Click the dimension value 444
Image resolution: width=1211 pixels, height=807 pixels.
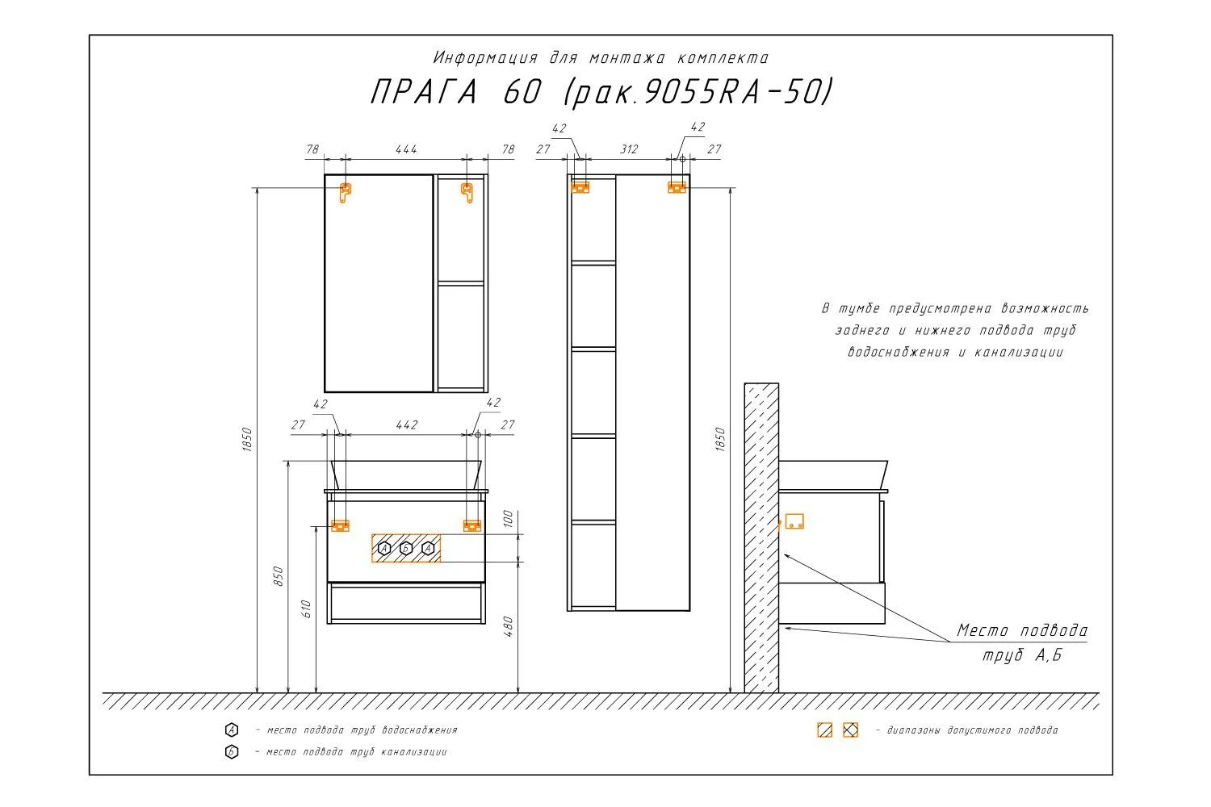(x=406, y=149)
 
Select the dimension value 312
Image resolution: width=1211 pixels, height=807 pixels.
(x=629, y=149)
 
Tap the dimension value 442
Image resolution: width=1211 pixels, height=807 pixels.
(x=407, y=424)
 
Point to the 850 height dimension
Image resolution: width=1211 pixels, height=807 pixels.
(x=278, y=576)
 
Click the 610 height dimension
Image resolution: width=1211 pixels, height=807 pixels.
(x=306, y=609)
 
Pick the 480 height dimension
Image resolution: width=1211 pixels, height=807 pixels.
(x=508, y=626)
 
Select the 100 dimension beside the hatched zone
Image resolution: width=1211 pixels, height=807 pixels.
(x=508, y=518)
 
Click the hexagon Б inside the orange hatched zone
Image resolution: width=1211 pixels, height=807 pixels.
(x=406, y=549)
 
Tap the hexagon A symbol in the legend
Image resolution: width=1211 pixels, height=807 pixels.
(x=232, y=730)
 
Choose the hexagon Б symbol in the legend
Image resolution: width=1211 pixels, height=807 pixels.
(x=232, y=752)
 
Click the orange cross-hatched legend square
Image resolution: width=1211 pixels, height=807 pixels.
(x=850, y=730)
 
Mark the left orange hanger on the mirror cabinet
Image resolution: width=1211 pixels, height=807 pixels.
(x=345, y=192)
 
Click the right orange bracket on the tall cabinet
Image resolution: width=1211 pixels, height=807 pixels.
(x=677, y=187)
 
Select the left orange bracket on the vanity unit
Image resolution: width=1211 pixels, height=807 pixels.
(x=340, y=526)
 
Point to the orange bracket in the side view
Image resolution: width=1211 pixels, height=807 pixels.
(x=794, y=521)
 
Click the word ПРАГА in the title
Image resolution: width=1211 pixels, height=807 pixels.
(x=424, y=92)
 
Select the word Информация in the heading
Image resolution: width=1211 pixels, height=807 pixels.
(x=485, y=57)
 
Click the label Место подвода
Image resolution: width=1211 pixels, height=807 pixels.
(x=1022, y=630)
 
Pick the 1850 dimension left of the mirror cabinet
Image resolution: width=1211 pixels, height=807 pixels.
(x=246, y=439)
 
